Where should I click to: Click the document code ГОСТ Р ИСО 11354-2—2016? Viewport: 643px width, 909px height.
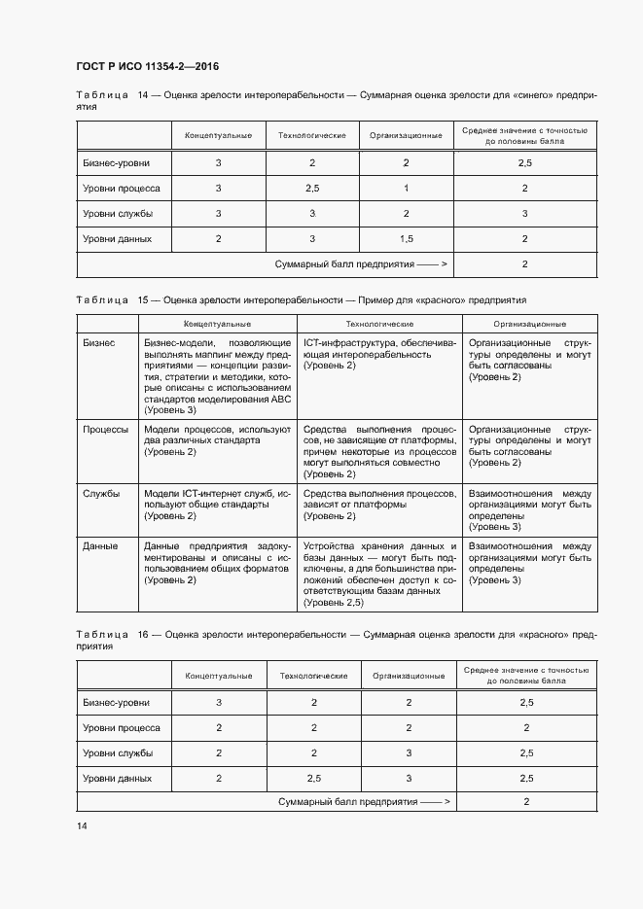tap(147, 66)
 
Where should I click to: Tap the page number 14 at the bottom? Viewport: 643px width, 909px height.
tap(82, 825)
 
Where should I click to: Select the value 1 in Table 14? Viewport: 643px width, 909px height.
tap(406, 188)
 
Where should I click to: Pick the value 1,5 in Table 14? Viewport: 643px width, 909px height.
tap(406, 238)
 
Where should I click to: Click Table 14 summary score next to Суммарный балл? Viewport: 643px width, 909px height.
tap(524, 263)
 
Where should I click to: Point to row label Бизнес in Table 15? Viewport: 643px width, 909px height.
tap(99, 342)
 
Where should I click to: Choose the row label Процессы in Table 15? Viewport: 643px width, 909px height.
tap(106, 428)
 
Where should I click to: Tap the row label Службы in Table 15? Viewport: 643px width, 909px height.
tap(102, 493)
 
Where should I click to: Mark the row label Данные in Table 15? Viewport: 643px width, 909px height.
tap(100, 545)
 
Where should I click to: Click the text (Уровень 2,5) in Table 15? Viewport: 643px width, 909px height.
tap(334, 603)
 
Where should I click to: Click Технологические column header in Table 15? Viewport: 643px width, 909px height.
tap(380, 323)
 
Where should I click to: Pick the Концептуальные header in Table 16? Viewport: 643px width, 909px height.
tap(219, 675)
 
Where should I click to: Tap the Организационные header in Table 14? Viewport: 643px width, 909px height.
tap(406, 135)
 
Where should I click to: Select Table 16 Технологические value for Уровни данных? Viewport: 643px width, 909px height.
tap(313, 778)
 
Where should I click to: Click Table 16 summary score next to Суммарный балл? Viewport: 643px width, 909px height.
tap(526, 802)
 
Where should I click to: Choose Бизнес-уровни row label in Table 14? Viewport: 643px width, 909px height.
tap(116, 162)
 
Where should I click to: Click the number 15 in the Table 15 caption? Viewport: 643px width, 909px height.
tap(145, 300)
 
